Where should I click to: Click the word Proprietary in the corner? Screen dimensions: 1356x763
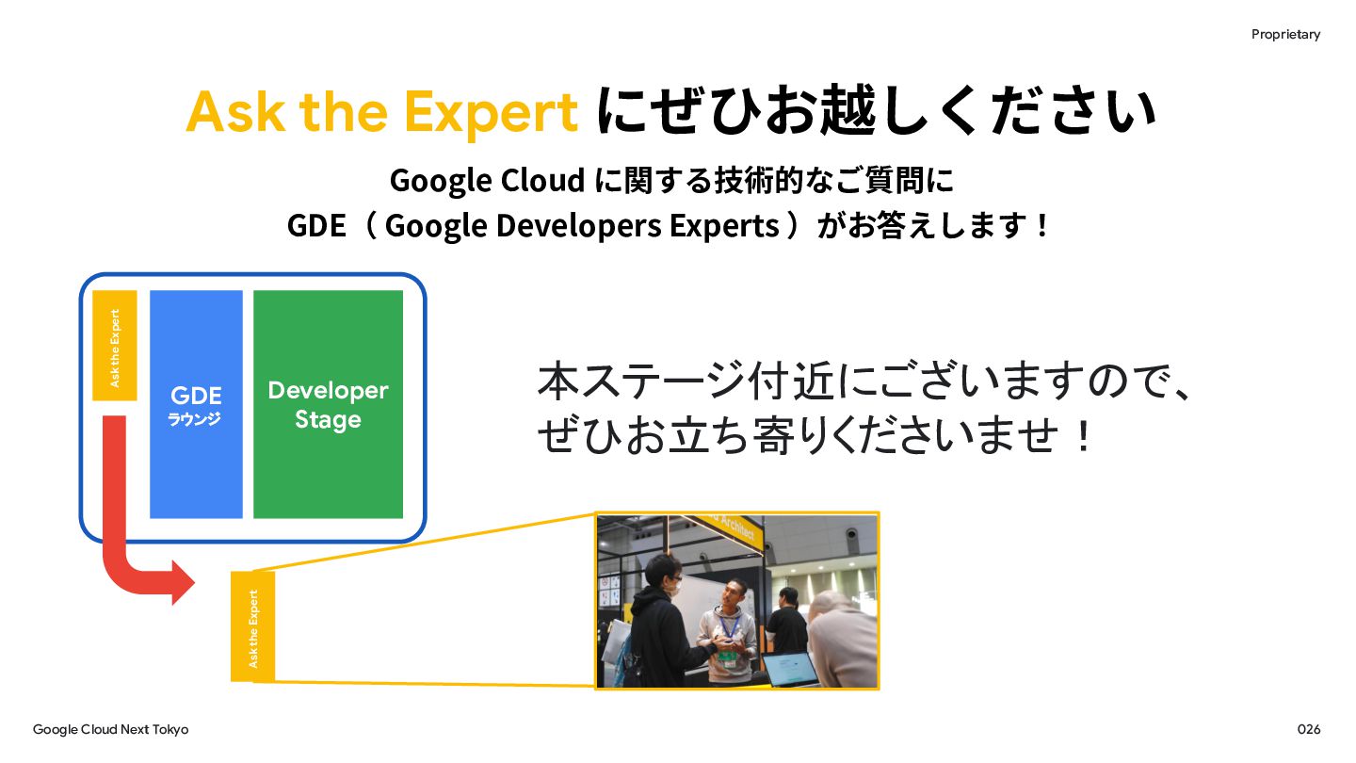[1285, 35]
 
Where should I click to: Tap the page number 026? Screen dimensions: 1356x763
[1309, 729]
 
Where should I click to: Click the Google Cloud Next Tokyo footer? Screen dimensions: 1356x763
[111, 730]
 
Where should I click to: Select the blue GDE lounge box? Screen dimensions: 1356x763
[196, 404]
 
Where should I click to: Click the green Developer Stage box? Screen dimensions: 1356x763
[328, 404]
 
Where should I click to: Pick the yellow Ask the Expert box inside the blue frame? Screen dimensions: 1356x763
[115, 345]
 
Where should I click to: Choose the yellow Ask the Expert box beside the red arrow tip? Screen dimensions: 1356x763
[253, 626]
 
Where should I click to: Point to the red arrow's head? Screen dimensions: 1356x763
[183, 582]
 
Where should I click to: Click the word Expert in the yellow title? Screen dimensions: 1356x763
[491, 113]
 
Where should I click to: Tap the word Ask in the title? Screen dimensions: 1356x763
[235, 111]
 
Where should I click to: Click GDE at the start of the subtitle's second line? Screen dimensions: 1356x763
[316, 225]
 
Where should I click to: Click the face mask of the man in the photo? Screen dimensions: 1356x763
[675, 585]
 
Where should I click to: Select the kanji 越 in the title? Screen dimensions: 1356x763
[848, 110]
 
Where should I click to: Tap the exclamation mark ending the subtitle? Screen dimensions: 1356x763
[1041, 226]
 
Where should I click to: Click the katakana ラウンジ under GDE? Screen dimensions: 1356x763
[194, 419]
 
